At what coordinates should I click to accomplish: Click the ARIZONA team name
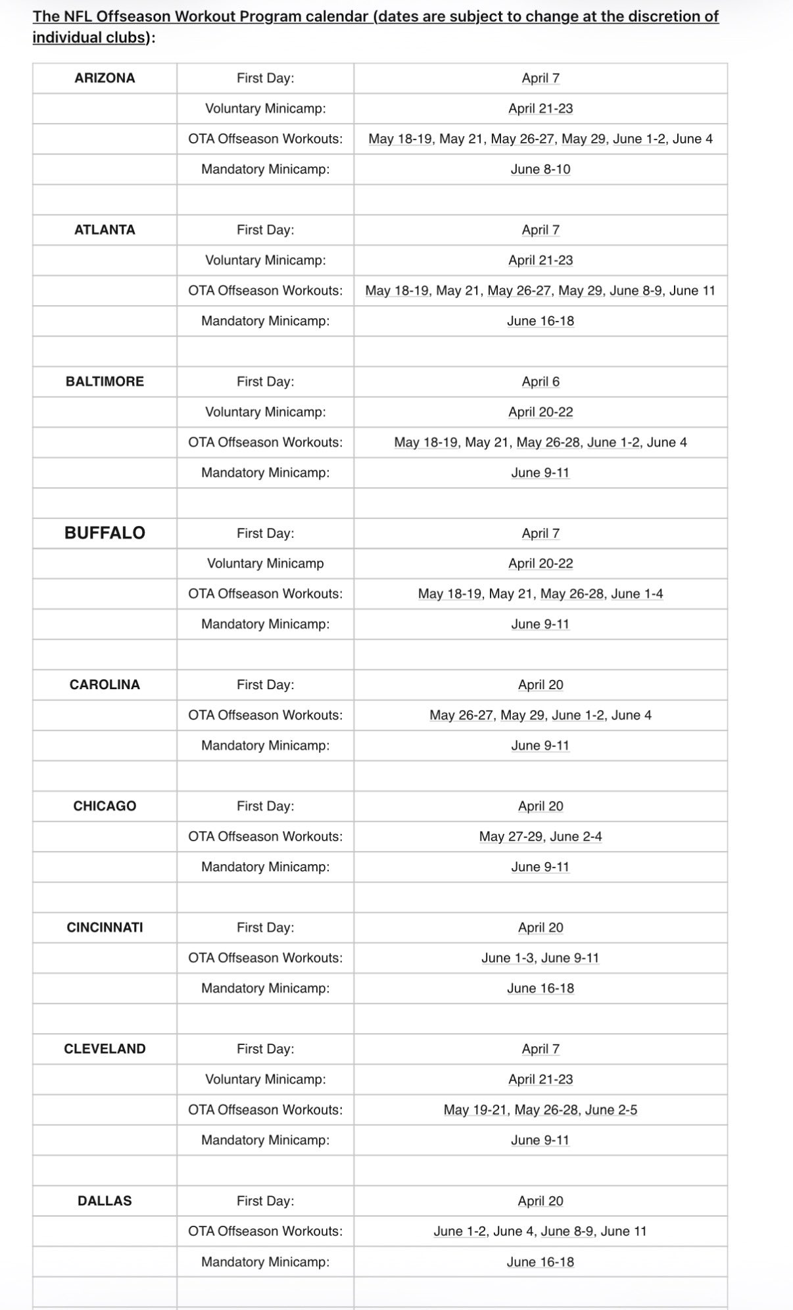tap(105, 78)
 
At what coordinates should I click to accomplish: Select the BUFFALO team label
tap(105, 533)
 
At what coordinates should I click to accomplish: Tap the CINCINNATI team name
tap(105, 927)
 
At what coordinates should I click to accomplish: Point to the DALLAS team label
tap(105, 1201)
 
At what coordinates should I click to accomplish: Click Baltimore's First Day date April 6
tap(541, 381)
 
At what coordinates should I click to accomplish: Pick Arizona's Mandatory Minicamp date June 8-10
tap(541, 169)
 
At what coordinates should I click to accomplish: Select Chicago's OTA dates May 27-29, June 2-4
tap(541, 837)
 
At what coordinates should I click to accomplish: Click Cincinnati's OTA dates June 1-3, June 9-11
tap(541, 958)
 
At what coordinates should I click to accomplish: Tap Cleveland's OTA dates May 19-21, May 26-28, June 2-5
tap(541, 1109)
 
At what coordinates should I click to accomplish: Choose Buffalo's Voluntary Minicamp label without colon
tap(265, 563)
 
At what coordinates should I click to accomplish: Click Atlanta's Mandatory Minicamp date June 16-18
tap(541, 321)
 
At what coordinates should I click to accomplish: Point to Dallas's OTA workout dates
tap(541, 1231)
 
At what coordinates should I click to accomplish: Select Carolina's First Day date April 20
tap(541, 685)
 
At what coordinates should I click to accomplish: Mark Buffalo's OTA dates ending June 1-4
tap(541, 594)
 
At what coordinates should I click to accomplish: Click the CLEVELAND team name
tap(105, 1049)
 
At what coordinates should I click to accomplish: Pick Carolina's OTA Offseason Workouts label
tap(265, 715)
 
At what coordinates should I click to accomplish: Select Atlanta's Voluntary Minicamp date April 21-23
tap(541, 260)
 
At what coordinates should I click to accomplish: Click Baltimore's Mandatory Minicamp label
tap(265, 472)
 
